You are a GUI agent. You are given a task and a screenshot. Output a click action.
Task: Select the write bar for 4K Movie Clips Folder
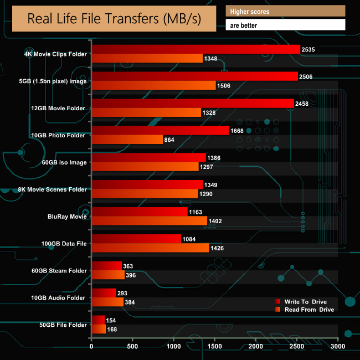tap(196, 49)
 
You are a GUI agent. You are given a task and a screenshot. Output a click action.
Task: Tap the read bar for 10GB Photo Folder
tap(127, 140)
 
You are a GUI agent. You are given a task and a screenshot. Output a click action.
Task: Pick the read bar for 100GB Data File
tap(150, 248)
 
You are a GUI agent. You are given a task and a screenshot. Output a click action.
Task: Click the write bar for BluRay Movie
tap(140, 212)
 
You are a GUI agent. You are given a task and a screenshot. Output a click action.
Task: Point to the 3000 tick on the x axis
tap(338, 347)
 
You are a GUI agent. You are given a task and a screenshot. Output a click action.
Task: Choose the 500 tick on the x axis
tap(132, 347)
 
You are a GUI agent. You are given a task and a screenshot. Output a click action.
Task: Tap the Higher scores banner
tap(285, 11)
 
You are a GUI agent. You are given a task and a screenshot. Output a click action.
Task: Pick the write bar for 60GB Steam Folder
tap(106, 266)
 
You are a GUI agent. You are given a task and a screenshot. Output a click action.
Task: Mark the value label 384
tap(130, 302)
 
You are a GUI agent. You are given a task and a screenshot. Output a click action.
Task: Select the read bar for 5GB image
tap(153, 85)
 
